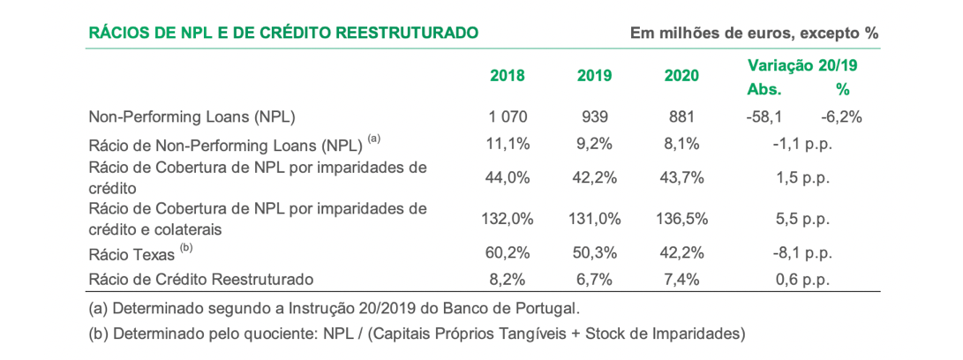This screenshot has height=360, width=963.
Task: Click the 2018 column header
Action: tap(507, 76)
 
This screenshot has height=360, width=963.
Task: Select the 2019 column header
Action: tap(594, 76)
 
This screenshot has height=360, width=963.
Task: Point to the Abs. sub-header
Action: tap(764, 89)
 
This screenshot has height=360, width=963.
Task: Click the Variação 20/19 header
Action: tap(801, 64)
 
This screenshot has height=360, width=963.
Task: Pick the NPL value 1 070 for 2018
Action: tap(507, 116)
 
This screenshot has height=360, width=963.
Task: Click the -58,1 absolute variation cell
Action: tap(764, 116)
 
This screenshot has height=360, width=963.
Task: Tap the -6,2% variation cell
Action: tap(840, 116)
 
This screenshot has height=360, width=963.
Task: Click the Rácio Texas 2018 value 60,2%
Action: tap(507, 253)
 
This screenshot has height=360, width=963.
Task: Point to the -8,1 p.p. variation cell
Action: tap(801, 253)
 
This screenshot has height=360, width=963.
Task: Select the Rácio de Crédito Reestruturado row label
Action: tap(201, 280)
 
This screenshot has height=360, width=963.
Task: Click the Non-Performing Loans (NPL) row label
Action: tap(192, 116)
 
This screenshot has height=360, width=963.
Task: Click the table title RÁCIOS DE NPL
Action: tap(283, 34)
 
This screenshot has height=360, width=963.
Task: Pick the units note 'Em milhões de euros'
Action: tap(754, 34)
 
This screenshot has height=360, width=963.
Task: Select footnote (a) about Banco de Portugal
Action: tap(335, 309)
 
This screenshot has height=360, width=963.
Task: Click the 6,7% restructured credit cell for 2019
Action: tap(594, 280)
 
